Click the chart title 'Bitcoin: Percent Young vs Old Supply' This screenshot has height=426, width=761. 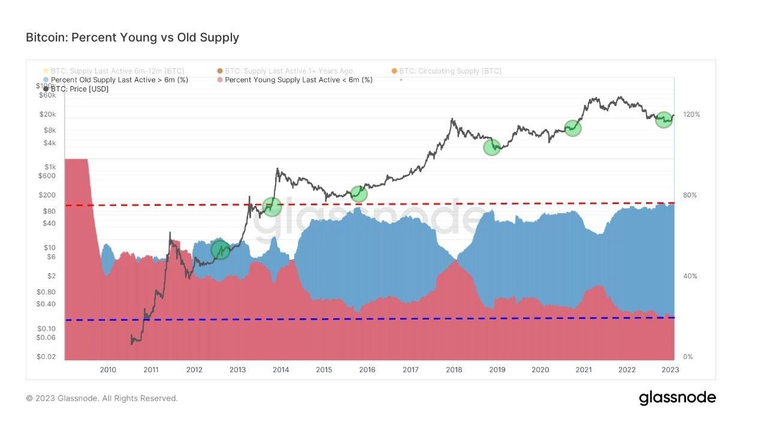[132, 37]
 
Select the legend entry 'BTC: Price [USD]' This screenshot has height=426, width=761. [79, 89]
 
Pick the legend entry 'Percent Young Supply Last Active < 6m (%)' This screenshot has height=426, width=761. [298, 80]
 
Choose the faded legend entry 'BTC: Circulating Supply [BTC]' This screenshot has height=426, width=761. [450, 71]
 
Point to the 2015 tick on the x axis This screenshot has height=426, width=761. [324, 370]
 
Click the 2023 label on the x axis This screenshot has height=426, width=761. [670, 370]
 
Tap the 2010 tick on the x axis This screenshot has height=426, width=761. [108, 370]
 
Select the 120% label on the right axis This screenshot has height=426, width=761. [691, 114]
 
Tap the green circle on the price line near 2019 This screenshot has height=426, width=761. [491, 147]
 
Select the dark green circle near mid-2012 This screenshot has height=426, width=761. [221, 250]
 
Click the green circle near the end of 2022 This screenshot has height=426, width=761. [663, 119]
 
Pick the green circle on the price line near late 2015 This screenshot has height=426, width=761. [358, 193]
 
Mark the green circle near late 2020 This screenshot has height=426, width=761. [572, 127]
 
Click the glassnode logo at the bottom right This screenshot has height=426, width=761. [677, 398]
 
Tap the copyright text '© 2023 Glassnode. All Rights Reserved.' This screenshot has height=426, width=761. [102, 398]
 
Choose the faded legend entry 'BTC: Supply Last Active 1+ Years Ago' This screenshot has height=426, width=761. [288, 71]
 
